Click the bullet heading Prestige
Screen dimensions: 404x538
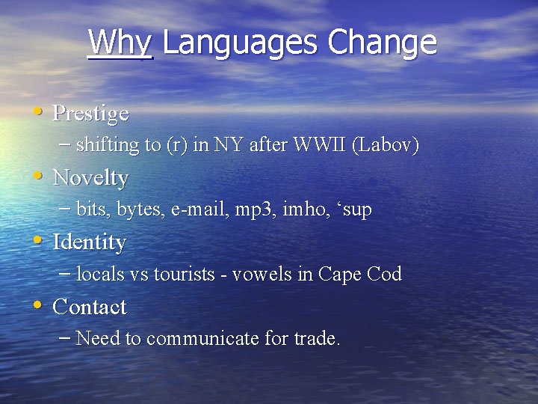tap(90, 114)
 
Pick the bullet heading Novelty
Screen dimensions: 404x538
tap(90, 178)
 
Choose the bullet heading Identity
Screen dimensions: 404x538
tap(90, 242)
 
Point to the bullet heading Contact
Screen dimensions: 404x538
tap(90, 307)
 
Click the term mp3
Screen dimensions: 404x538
tap(257, 209)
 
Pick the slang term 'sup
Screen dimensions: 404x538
tap(351, 210)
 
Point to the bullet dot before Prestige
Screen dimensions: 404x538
tap(37, 113)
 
